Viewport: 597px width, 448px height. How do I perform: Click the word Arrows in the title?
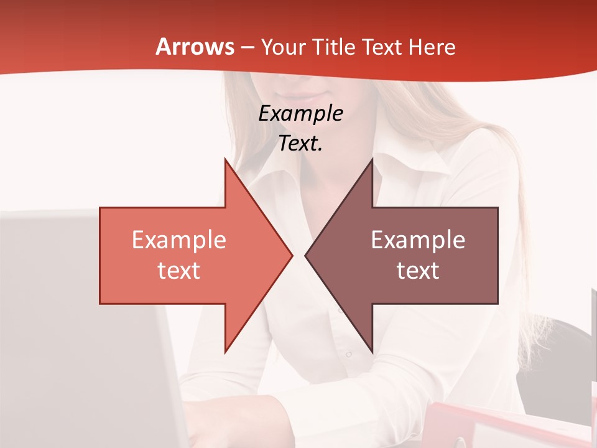[x=195, y=47]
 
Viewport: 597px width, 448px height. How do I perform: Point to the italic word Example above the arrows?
[x=301, y=113]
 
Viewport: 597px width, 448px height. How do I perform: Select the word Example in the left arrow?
[x=179, y=240]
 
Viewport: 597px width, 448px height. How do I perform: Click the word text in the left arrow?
[x=179, y=270]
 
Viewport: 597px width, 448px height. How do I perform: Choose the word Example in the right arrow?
[x=418, y=240]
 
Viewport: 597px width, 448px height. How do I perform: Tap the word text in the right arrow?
[x=418, y=270]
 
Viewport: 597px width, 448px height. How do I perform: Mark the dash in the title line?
[x=247, y=47]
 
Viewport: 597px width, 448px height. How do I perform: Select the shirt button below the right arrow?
[x=349, y=355]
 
